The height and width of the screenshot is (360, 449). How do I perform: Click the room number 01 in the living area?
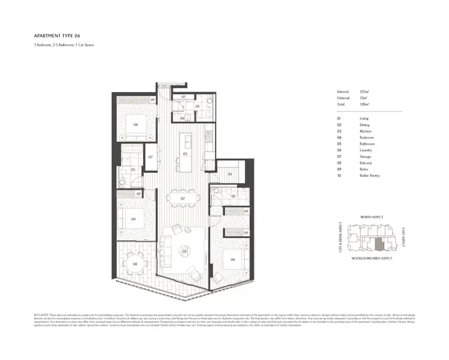coord(185,252)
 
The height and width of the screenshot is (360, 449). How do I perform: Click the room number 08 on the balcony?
coord(135,263)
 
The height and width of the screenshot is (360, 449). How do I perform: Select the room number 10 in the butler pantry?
coord(229,174)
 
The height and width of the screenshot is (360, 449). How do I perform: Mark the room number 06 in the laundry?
coord(183,118)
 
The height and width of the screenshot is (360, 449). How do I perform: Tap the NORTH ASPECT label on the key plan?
coord(372,216)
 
